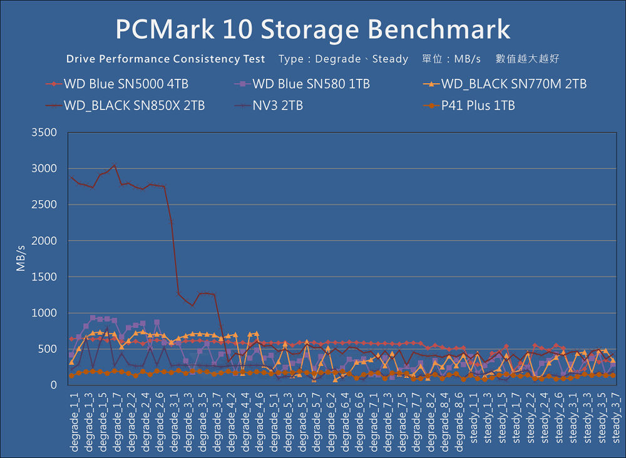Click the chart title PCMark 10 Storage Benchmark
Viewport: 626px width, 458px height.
click(x=313, y=29)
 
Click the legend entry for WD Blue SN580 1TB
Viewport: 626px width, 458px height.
click(x=310, y=84)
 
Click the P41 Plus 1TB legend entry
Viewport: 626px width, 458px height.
click(x=478, y=106)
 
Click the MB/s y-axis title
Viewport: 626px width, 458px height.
click(x=21, y=258)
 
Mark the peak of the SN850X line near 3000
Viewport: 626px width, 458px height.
click(x=113, y=165)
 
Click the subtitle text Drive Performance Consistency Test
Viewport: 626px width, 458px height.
click(x=165, y=59)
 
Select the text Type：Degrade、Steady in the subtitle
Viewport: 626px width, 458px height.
click(x=343, y=59)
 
